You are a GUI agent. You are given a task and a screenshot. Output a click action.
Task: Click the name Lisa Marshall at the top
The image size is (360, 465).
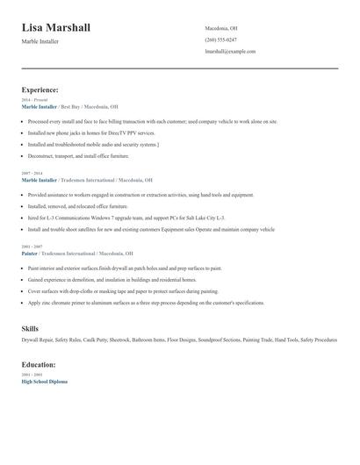[56, 29]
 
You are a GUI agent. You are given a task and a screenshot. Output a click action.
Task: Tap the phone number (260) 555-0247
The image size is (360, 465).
[220, 39]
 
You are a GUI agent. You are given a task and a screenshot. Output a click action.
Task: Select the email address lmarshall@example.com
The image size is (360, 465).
[230, 52]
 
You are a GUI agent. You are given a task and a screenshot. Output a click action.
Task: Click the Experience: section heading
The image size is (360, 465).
[40, 89]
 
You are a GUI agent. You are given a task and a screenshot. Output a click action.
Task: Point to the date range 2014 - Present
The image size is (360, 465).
[34, 100]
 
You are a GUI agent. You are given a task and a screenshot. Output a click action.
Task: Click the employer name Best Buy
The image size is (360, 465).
[73, 106]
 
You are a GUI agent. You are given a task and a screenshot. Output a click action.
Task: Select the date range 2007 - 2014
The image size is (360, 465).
[32, 173]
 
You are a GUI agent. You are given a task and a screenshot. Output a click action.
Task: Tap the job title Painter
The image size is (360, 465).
[30, 253]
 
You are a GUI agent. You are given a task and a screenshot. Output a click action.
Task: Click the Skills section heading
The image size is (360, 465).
[30, 328]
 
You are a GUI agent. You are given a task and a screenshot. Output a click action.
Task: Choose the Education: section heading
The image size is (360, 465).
[39, 364]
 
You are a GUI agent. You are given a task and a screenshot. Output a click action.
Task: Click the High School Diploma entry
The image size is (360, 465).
[44, 382]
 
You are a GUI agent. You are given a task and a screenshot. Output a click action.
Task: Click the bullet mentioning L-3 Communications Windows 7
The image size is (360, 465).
[126, 217]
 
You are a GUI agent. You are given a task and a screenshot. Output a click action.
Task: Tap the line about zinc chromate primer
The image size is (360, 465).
[146, 303]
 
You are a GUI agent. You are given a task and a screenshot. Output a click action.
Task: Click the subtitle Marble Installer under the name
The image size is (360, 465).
[40, 41]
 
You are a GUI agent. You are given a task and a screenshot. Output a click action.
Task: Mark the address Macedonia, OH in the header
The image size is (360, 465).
[221, 28]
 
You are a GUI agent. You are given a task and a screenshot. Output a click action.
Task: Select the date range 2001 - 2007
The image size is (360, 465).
[32, 247]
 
